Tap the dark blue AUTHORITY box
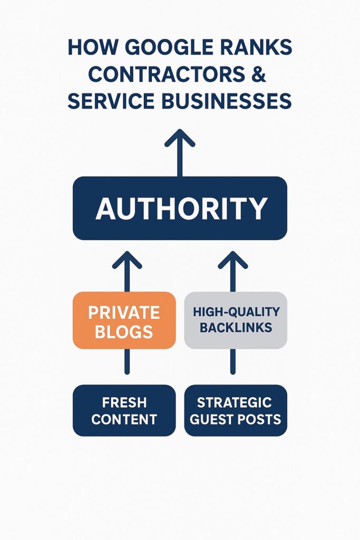point(180,208)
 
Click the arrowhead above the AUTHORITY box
point(180,138)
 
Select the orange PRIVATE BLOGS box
point(124,320)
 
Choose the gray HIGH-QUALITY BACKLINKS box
point(236,320)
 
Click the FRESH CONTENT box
point(124,410)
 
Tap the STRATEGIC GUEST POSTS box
point(236,410)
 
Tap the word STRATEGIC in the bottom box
point(234,402)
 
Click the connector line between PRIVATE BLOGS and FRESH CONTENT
point(127,362)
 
